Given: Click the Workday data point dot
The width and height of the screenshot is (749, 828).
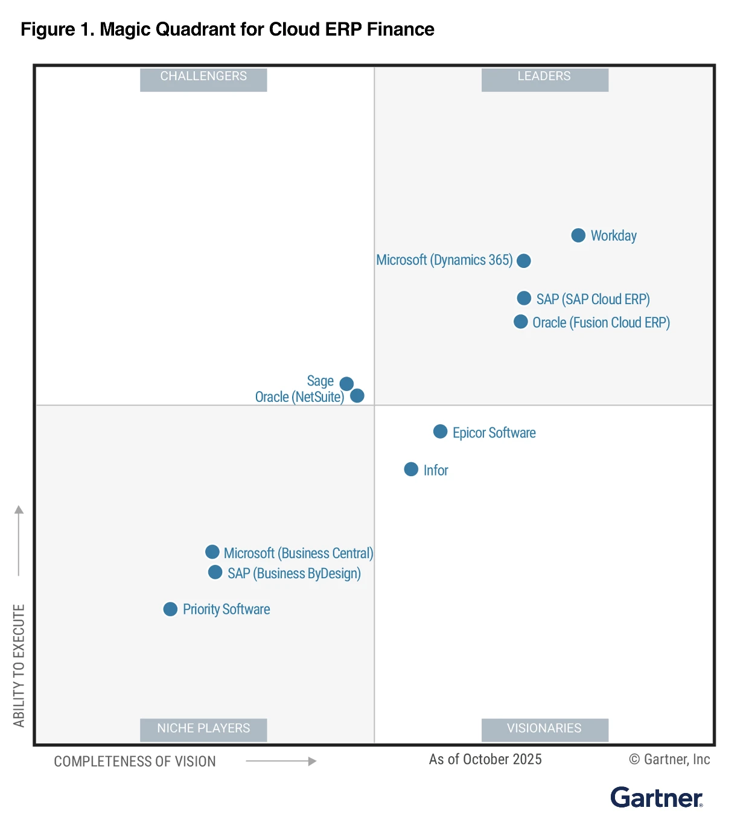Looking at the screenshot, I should coord(578,235).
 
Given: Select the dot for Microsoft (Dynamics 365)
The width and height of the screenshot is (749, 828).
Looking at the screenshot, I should coord(524,261).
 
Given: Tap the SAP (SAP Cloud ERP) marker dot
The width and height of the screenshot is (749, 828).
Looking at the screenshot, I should coord(524,298).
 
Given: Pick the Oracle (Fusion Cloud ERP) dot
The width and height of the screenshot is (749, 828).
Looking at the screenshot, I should coord(520,322).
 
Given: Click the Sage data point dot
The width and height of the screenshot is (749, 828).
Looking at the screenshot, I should coord(346,383).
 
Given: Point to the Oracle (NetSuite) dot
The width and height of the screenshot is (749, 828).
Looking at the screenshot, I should coord(357,395).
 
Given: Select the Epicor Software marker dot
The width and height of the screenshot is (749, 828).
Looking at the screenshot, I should coord(440,432).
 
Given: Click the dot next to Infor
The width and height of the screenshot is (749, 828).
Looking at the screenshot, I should coord(411,469).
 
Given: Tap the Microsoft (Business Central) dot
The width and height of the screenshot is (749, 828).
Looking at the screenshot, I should coord(212,552).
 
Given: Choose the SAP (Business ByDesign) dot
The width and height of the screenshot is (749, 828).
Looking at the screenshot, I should coord(215,572).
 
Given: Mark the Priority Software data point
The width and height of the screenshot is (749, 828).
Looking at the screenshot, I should coord(170,609).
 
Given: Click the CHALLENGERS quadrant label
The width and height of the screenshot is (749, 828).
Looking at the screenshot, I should coord(203,77).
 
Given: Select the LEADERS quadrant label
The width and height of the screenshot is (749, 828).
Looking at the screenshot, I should coord(544,77).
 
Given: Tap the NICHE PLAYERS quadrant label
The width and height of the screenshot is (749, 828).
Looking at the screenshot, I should coord(203,728).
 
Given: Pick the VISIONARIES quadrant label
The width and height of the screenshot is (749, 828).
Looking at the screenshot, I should coord(544,728).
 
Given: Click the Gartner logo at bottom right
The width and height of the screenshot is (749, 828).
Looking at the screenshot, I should coord(657,798).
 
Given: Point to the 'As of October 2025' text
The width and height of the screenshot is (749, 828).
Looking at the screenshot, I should coord(485,759).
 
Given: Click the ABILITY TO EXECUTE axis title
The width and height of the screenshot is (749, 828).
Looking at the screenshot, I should coord(19,665).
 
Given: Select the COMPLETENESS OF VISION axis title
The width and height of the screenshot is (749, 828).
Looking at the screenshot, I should coord(135,762).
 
